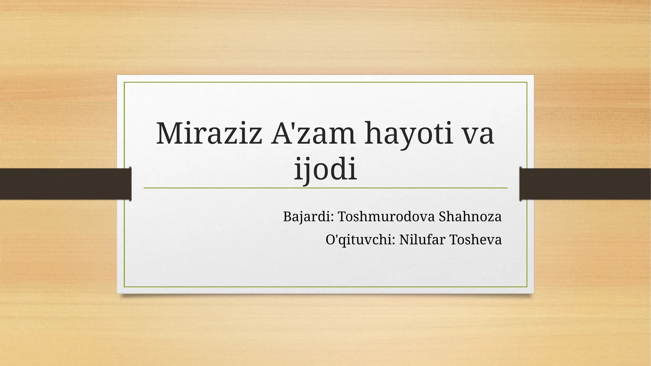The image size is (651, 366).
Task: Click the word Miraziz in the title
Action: [x=209, y=134]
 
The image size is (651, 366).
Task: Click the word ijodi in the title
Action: [x=325, y=169]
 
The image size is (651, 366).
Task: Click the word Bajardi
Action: [x=308, y=217]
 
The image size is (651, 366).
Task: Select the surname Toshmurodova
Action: [x=386, y=217]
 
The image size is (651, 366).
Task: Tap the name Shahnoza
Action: [x=470, y=217]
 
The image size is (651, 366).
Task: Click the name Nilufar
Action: [x=422, y=240]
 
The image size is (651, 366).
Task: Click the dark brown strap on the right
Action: [x=586, y=184]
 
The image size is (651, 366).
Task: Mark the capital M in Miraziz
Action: [x=168, y=134]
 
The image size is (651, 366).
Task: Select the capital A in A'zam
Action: [x=281, y=134]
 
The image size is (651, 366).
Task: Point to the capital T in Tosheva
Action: [x=454, y=240]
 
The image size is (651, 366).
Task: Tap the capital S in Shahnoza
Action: [x=442, y=217]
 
